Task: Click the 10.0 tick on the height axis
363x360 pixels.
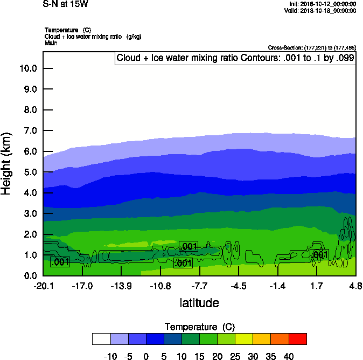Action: click(27, 68)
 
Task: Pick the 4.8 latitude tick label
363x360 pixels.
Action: click(355, 286)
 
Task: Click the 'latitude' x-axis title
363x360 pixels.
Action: click(199, 303)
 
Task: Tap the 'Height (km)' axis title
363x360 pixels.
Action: click(7, 164)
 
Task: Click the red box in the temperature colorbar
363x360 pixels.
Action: click(297, 338)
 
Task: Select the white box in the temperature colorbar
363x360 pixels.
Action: click(101, 338)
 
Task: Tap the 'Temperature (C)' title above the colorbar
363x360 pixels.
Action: click(199, 327)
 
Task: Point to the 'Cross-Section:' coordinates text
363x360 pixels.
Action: click(311, 48)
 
